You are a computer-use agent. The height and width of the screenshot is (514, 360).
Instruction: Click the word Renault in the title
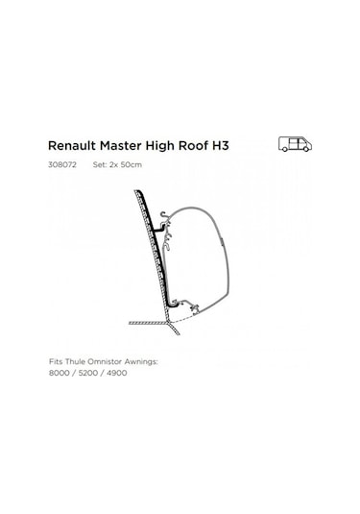(x=71, y=146)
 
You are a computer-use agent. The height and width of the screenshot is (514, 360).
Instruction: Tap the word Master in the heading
(x=125, y=146)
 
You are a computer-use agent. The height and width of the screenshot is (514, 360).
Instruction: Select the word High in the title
(x=170, y=146)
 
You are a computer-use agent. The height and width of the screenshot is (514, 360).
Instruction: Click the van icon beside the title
(x=295, y=144)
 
